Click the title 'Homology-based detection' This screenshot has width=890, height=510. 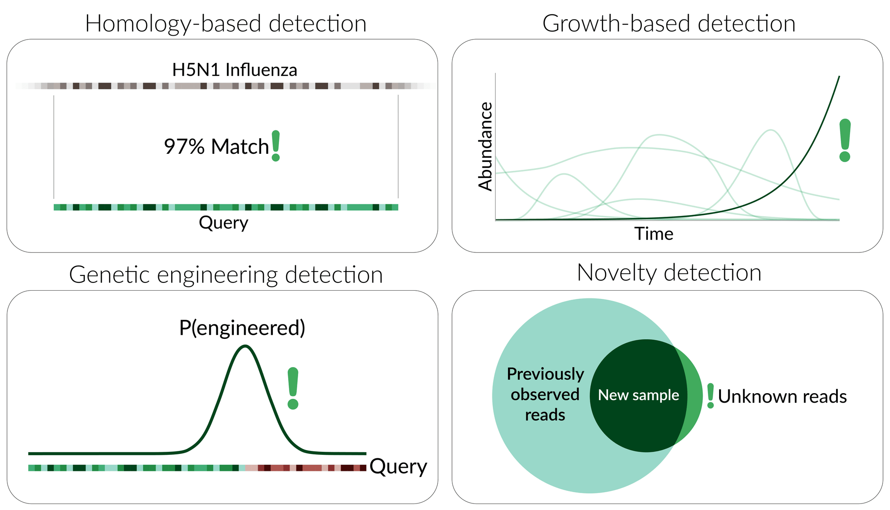point(226,23)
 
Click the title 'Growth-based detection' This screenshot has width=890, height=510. point(669,23)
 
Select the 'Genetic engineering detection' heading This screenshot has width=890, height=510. point(226,275)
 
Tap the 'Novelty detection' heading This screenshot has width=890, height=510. point(669,273)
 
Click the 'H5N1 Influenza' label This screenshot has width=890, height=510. point(235,70)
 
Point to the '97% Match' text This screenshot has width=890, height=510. point(216,147)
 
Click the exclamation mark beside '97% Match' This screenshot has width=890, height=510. point(276,146)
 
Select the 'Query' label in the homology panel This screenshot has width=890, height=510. point(223,223)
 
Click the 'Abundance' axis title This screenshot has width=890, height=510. point(485,147)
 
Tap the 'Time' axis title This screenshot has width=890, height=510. point(654,234)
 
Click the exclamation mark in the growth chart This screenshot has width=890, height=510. point(845,140)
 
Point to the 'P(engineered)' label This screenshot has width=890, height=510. point(242,328)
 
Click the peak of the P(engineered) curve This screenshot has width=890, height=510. point(246,346)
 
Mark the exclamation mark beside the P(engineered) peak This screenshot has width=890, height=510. point(293,388)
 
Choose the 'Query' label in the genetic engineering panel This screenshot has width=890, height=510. point(398,467)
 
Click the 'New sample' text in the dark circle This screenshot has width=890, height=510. point(638,395)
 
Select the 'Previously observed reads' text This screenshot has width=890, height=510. point(545,394)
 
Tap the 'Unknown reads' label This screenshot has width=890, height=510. point(782,397)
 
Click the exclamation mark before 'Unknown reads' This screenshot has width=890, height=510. point(711,396)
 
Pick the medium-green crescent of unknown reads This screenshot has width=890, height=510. point(694,395)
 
